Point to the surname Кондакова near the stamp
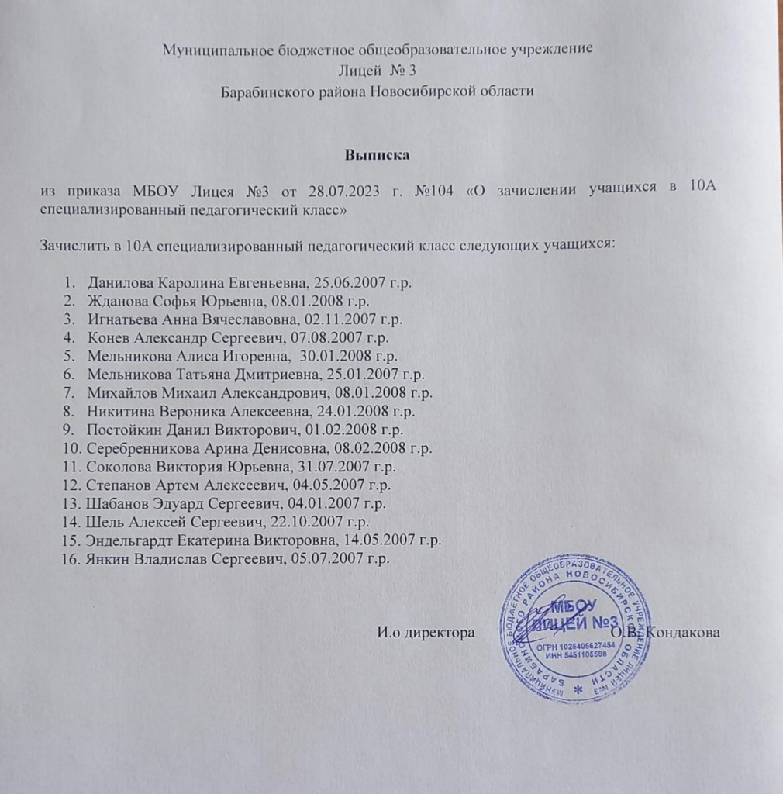[x=685, y=633]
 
